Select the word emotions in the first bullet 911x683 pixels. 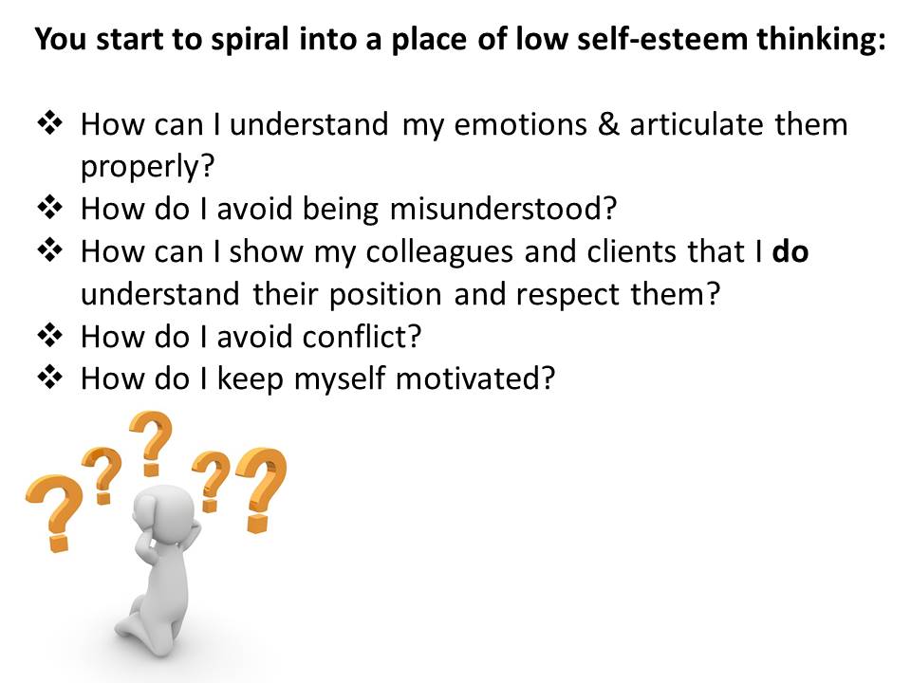(521, 125)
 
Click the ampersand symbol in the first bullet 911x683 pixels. (608, 125)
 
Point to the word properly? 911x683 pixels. (148, 168)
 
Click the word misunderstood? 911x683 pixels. (503, 209)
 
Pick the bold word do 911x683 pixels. (790, 251)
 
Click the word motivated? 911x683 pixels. (475, 378)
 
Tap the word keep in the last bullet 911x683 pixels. (250, 379)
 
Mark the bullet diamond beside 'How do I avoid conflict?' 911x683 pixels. (50, 336)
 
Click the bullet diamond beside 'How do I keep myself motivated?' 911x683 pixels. (50, 378)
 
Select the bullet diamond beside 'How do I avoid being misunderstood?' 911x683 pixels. (50, 208)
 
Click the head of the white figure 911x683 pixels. (164, 512)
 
